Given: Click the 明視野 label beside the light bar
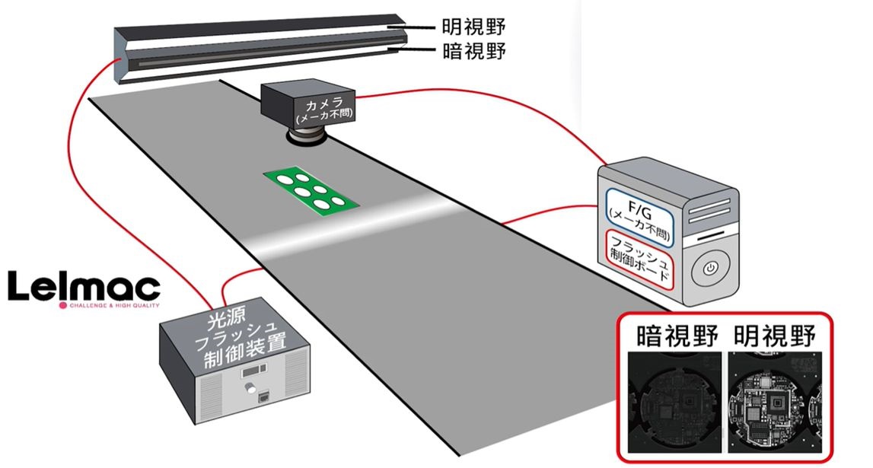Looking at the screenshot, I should pyautogui.click(x=474, y=28).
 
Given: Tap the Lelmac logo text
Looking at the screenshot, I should pyautogui.click(x=84, y=288).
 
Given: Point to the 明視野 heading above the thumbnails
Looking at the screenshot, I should pyautogui.click(x=774, y=336).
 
